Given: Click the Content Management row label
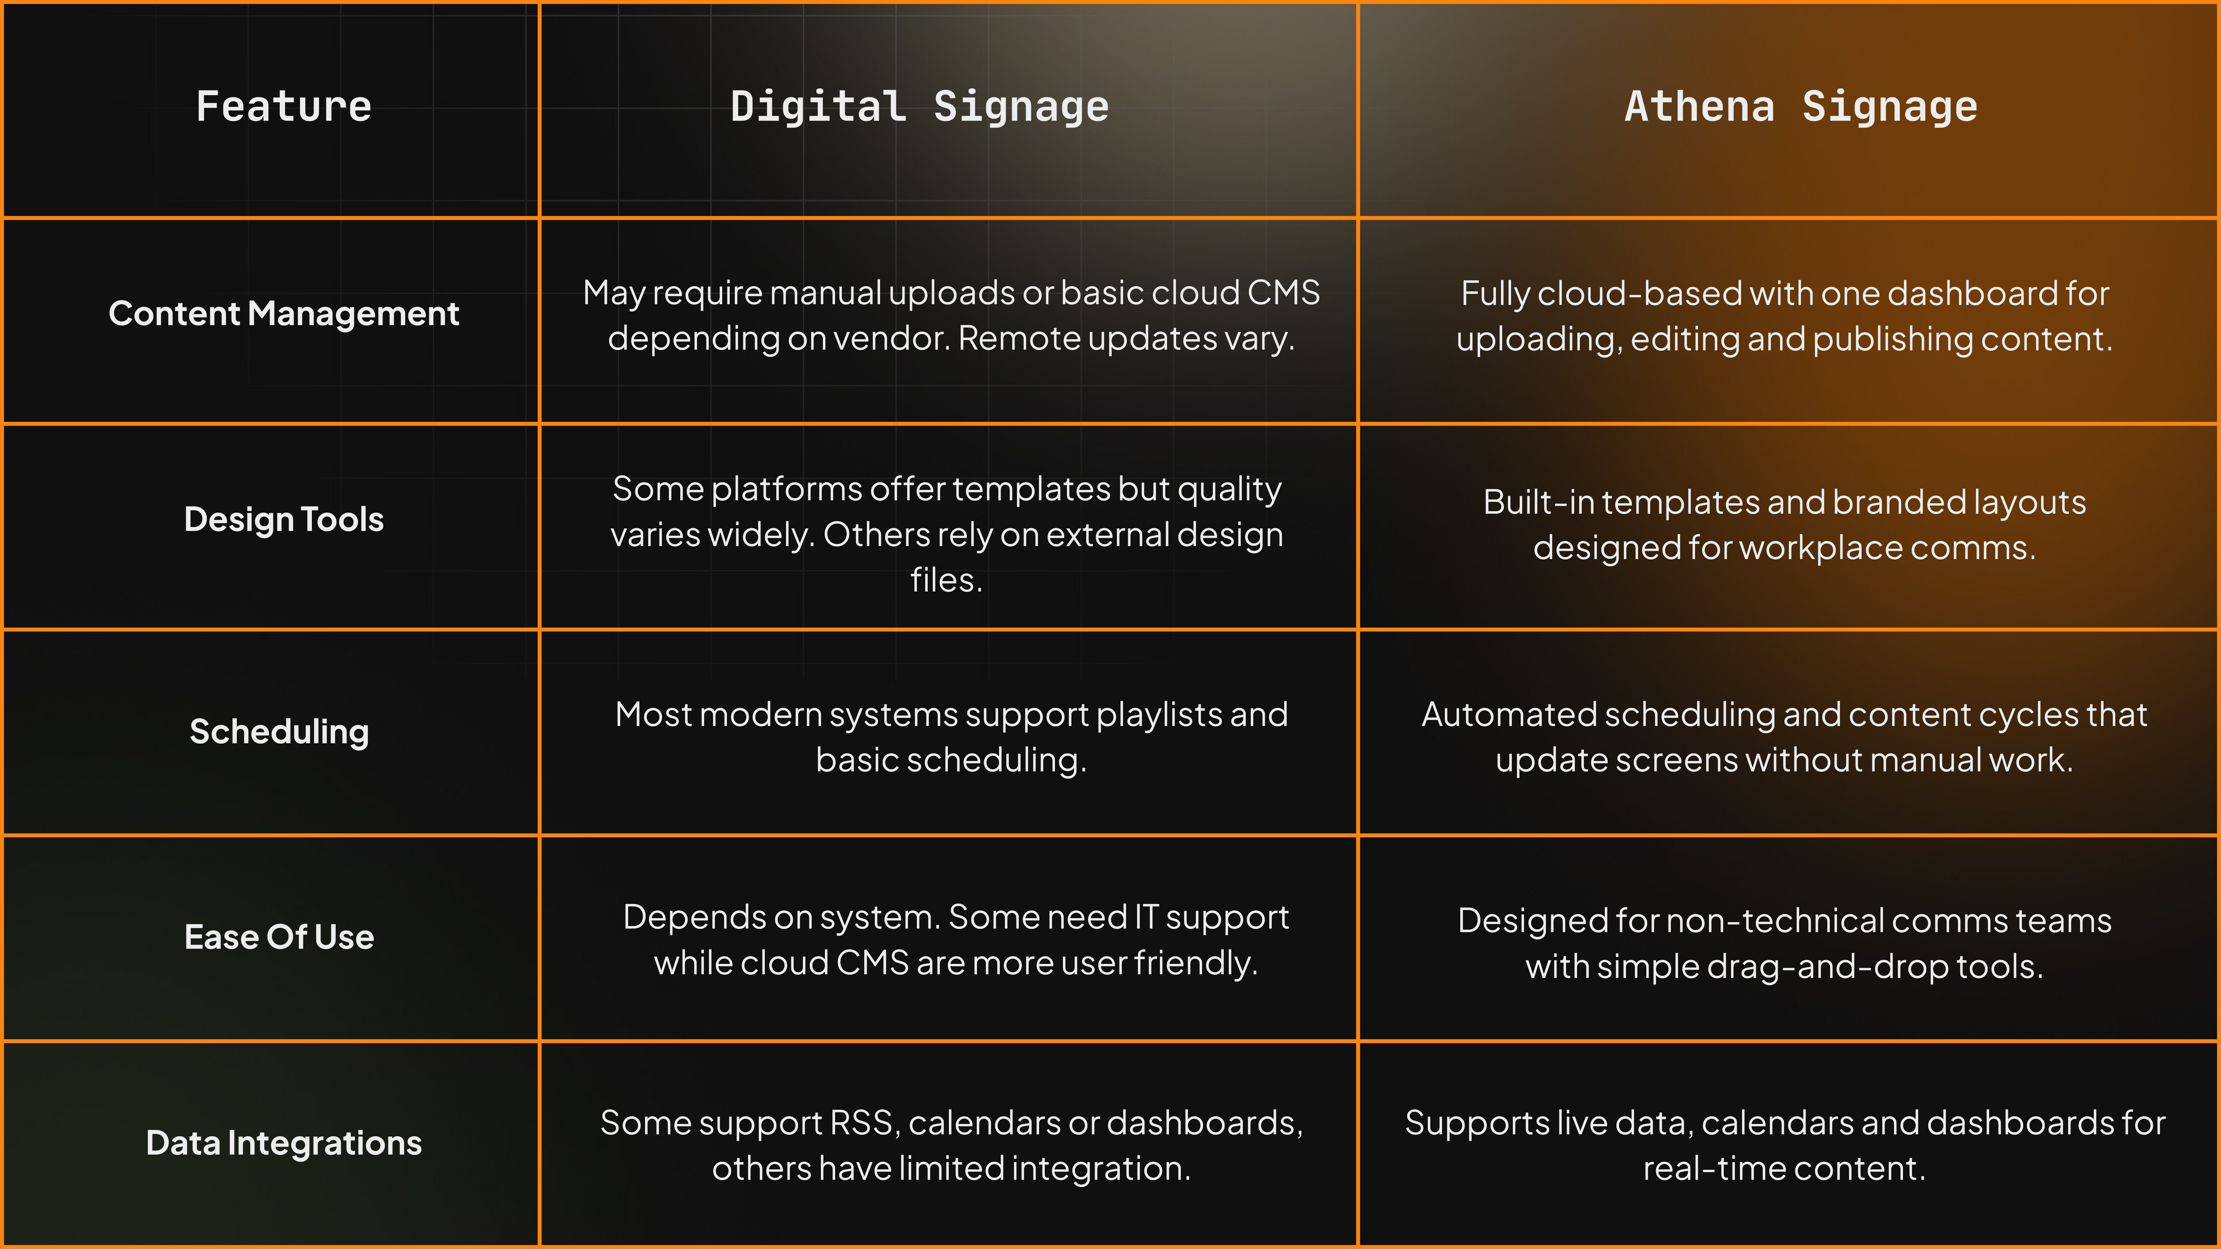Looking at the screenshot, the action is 284,314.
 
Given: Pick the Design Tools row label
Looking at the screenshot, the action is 284,520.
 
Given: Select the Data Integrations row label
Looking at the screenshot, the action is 284,1143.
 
